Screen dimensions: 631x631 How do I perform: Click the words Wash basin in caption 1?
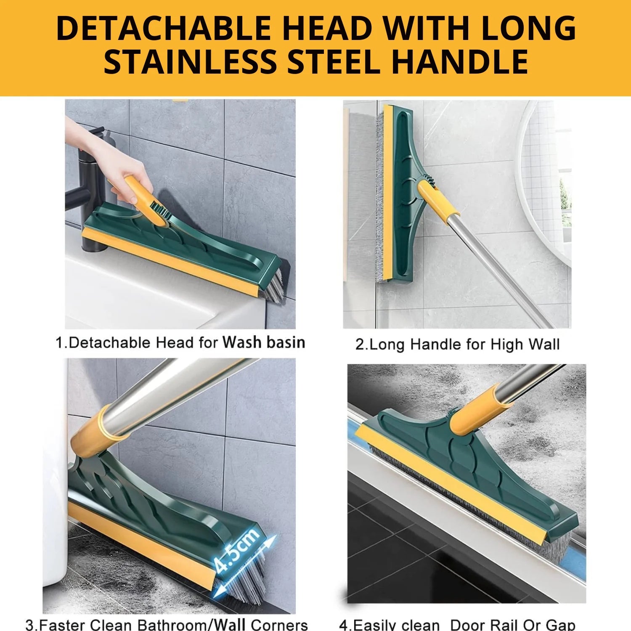264,342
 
